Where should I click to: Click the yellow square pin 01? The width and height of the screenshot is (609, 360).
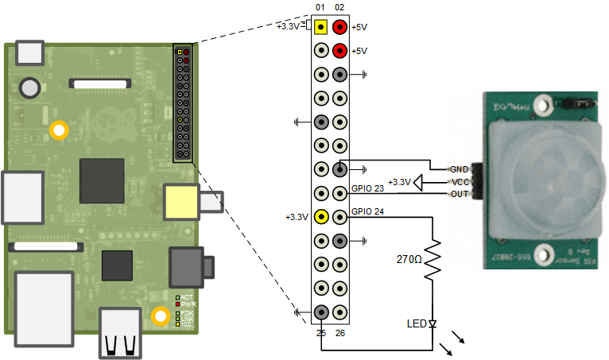[320, 27]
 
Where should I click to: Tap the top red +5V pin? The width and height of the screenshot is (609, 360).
[339, 27]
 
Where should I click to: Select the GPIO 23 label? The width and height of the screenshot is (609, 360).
[367, 189]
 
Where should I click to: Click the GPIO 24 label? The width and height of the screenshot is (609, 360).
[367, 212]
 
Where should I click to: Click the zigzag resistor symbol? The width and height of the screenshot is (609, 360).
[433, 261]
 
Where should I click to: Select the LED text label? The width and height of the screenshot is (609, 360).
[415, 323]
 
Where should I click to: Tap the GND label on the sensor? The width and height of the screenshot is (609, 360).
[459, 169]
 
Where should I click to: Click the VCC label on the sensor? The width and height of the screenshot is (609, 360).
[459, 182]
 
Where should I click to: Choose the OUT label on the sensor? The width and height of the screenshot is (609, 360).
[459, 194]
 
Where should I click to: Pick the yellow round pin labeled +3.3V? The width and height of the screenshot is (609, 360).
[320, 216]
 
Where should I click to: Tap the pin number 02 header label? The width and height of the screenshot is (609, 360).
[339, 8]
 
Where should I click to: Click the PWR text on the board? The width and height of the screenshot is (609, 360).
[188, 304]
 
